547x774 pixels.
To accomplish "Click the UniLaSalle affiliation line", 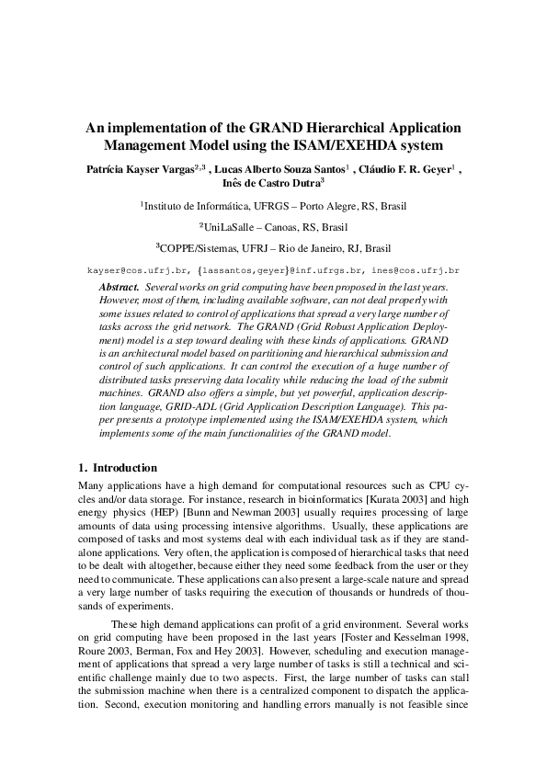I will (273, 227).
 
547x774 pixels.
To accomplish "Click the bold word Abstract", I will (119, 288).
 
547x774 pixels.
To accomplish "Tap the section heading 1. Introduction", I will (118, 468).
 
